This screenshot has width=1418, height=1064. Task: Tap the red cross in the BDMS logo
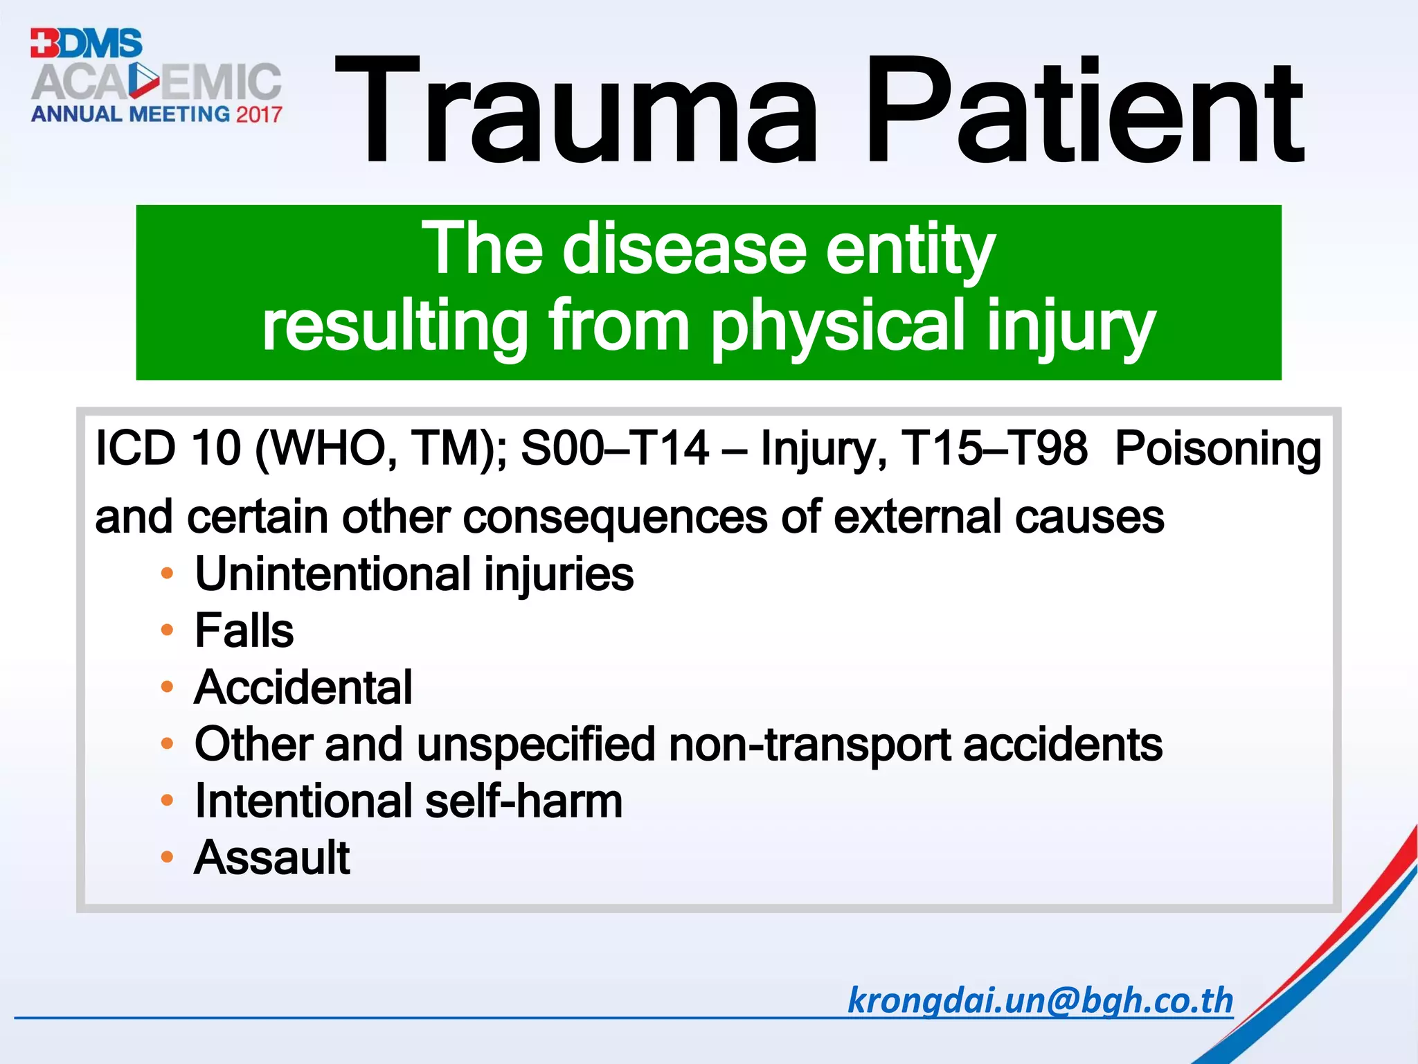44,43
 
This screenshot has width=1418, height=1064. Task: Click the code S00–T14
615,448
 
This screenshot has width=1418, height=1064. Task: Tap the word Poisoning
1218,448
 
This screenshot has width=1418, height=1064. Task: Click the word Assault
272,858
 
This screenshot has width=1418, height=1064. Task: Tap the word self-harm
523,801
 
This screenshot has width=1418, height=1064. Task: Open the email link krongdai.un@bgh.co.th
1040,1000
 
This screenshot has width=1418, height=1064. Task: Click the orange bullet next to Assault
167,857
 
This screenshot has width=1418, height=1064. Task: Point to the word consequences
615,517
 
